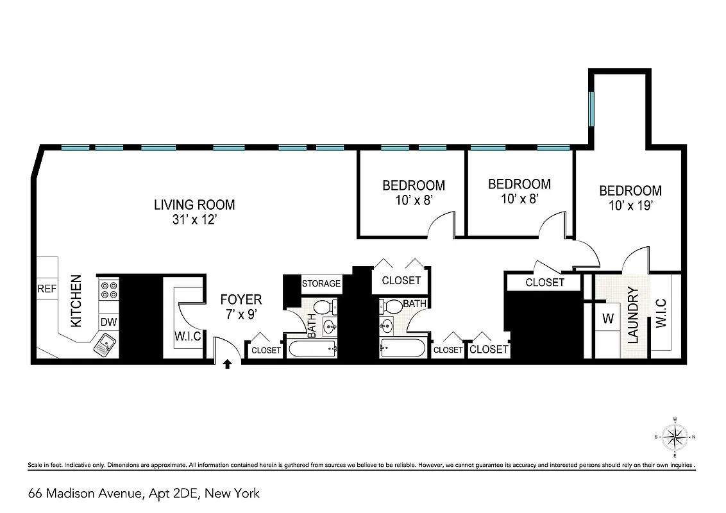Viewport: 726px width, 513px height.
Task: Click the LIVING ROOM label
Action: pos(194,205)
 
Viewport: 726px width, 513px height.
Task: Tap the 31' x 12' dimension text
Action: pos(194,220)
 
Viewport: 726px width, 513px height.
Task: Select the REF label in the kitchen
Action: pos(47,289)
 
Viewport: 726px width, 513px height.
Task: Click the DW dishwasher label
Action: pos(108,322)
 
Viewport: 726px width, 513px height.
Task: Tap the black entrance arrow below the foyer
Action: pos(227,365)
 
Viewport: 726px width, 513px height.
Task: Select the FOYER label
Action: pos(241,300)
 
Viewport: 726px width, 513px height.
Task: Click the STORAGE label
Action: pos(321,283)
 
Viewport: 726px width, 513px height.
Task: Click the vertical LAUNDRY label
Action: pos(634,315)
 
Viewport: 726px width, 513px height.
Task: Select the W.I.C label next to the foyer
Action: pos(188,336)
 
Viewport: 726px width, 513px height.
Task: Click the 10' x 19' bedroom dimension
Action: pos(630,206)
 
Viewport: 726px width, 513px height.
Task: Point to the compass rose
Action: pos(675,439)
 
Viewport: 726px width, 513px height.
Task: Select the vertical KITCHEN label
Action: pos(76,301)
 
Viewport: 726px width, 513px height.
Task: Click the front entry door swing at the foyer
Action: pos(227,349)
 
